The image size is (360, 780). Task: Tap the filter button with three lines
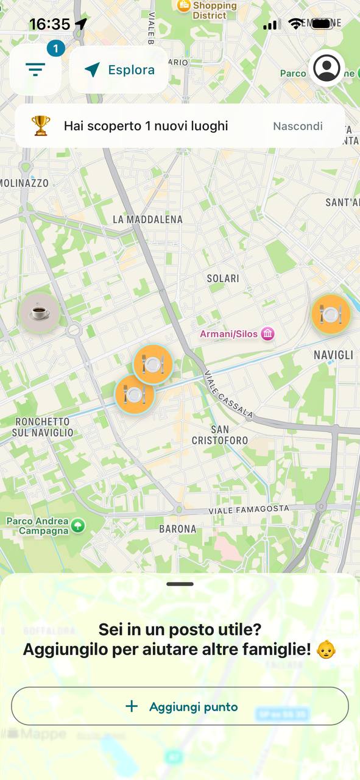[35, 70]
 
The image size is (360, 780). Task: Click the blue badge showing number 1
[55, 48]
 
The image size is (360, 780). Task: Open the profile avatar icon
[327, 68]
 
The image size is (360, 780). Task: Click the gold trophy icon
[41, 126]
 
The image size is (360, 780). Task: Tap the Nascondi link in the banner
[297, 126]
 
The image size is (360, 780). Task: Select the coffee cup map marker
[40, 313]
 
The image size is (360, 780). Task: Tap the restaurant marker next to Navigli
[331, 314]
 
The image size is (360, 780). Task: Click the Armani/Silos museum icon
[267, 334]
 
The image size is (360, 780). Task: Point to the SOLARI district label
[223, 278]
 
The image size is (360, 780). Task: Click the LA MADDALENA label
[147, 219]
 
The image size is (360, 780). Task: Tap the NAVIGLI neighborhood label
[333, 355]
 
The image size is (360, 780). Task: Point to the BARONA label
[178, 529]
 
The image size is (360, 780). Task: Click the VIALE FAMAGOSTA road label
[249, 509]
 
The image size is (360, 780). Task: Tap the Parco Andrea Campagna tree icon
[78, 525]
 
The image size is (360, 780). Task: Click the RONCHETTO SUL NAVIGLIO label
[44, 427]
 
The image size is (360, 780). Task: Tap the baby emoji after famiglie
[327, 649]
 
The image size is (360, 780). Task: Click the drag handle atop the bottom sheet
[180, 584]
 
